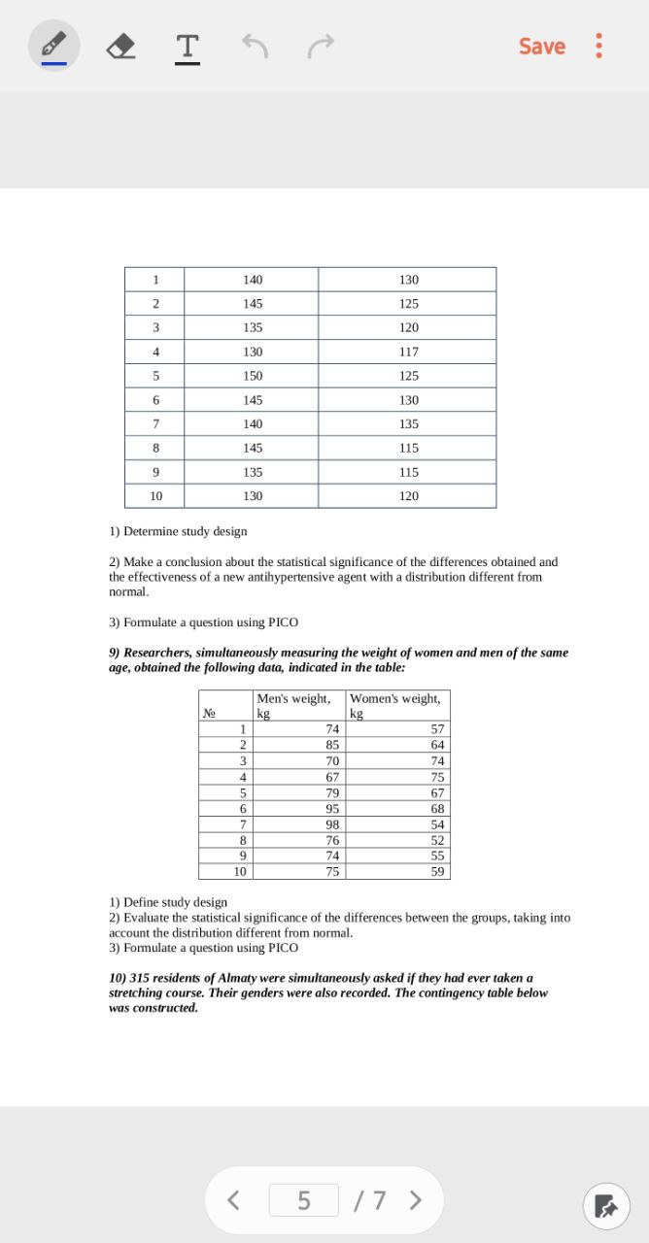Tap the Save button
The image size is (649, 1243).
click(541, 46)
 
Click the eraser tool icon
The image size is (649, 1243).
click(120, 46)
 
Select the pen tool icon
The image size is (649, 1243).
click(54, 46)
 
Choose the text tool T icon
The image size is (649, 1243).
click(188, 46)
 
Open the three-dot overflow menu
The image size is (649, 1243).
click(598, 46)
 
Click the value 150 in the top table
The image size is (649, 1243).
click(253, 376)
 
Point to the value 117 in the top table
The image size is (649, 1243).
click(408, 352)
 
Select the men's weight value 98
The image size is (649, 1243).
click(332, 824)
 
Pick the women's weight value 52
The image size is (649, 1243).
click(437, 840)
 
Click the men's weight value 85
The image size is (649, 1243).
click(332, 745)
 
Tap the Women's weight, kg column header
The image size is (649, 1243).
click(395, 705)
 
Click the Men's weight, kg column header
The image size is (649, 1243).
click(294, 705)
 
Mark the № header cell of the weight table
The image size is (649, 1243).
click(209, 713)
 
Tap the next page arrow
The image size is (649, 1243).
click(416, 1200)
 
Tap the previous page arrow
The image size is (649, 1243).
click(233, 1200)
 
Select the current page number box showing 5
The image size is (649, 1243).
click(304, 1200)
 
